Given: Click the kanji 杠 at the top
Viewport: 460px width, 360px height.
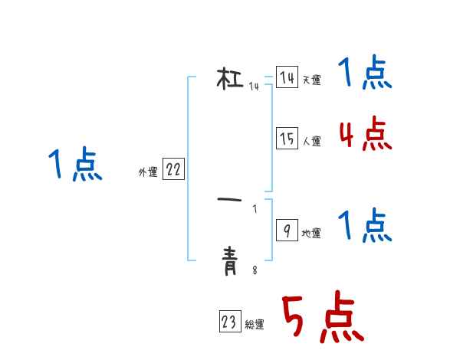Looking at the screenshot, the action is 230,78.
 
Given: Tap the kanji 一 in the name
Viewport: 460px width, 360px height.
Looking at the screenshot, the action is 230,200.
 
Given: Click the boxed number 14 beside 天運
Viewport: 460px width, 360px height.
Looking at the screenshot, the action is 287,78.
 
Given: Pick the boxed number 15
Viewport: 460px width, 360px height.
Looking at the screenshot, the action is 287,139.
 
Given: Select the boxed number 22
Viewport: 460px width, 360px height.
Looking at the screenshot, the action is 173,170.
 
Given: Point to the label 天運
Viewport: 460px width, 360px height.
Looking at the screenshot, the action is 311,80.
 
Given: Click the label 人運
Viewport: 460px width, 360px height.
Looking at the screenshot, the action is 311,141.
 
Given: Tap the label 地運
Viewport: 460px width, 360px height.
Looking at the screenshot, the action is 311,234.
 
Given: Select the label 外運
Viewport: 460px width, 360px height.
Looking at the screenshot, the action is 148,172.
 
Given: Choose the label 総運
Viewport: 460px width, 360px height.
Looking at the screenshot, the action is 255,326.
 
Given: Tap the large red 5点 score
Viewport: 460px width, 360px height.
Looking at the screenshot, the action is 322,319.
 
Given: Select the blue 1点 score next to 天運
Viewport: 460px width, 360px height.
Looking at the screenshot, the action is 365,74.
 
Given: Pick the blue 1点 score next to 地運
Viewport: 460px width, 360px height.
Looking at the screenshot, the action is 365,227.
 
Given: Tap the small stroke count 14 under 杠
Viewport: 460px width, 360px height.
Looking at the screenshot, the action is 254,87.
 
